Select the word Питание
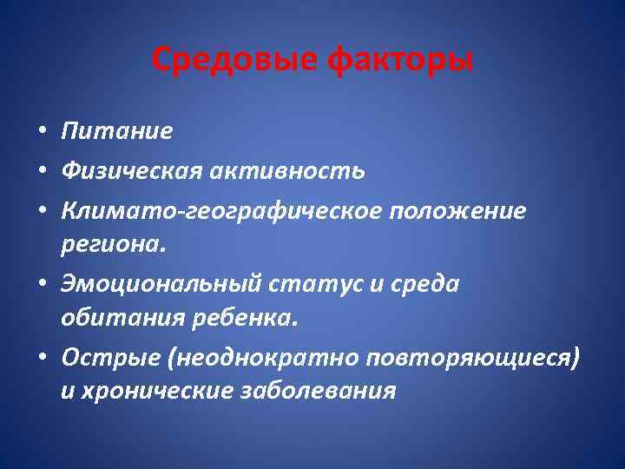pos(116,131)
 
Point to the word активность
pos(291,171)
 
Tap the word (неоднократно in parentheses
pos(253,358)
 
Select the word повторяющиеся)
pos(472,358)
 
